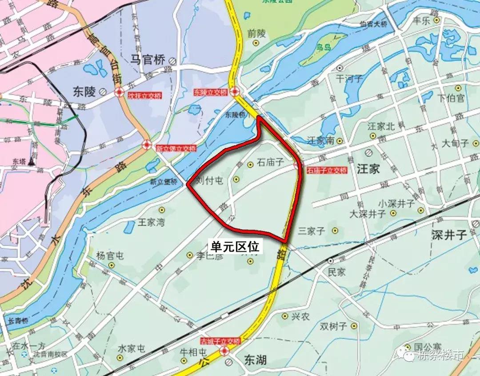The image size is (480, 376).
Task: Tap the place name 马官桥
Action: [x=148, y=60]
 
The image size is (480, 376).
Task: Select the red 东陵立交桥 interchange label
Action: [x=210, y=92]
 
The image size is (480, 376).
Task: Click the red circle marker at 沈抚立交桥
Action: [x=119, y=92]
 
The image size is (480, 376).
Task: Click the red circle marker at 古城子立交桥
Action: [x=225, y=351]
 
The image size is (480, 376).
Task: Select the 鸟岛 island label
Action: [x=323, y=47]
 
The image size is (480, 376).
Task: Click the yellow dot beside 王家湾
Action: [x=162, y=209]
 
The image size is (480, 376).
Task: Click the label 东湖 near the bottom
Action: [x=255, y=360]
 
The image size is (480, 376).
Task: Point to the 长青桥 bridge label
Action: [x=19, y=320]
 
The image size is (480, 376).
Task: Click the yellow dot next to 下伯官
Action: [x=457, y=88]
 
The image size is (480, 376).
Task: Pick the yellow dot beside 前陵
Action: [x=256, y=43]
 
